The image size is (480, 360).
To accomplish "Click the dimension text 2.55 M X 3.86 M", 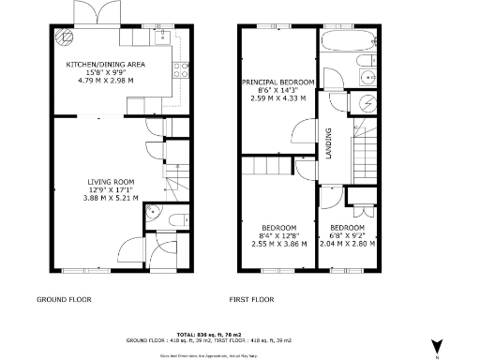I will [x=278, y=244].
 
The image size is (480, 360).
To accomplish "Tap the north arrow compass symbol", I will [x=434, y=344].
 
